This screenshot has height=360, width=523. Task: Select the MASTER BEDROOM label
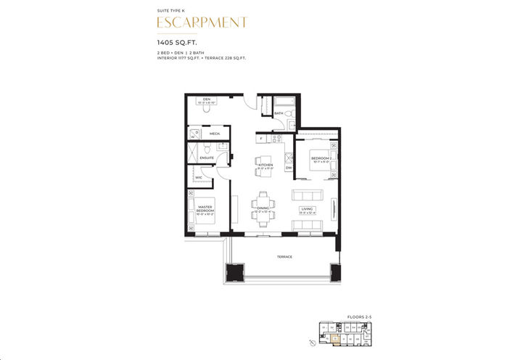coord(205,208)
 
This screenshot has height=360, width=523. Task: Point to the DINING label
coord(263,209)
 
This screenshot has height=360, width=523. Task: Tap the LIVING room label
coord(308,209)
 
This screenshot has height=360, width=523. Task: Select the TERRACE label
coord(284,257)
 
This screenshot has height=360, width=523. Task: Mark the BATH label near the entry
coord(279,114)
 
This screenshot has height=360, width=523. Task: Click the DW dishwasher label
coord(288,168)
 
